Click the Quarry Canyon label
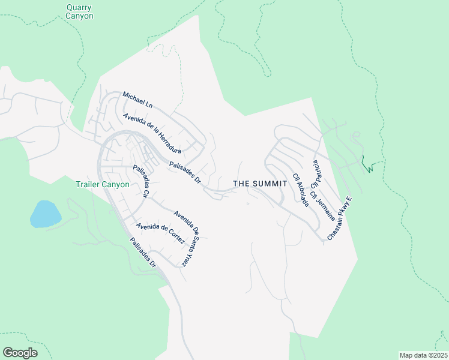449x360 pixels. pos(79,12)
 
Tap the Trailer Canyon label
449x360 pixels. pos(103,184)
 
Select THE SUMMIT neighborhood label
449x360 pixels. pos(257,183)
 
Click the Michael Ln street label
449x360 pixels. pos(137,100)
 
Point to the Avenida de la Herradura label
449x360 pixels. pos(152,133)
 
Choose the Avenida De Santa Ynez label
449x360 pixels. pos(185,239)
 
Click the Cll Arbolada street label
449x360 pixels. pos(301,190)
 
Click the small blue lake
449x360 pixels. pos(45,214)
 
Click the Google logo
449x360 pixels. pos(20,353)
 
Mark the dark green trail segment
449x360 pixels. pos(369,165)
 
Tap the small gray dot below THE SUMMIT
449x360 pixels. pos(248,203)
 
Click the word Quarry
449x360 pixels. pos(79,8)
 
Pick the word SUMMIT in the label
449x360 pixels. pos(267,183)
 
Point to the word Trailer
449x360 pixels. pos(89,184)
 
